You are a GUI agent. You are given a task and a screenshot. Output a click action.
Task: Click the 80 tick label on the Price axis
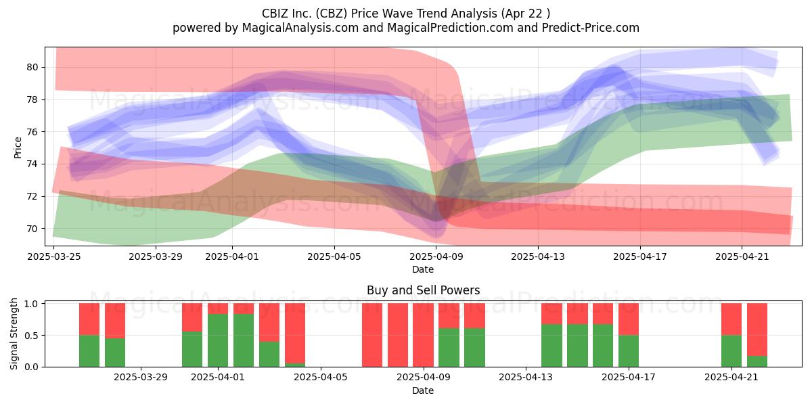[32, 67]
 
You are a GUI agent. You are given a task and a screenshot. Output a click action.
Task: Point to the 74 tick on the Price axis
[32, 164]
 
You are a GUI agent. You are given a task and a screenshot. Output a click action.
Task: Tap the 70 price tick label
[32, 229]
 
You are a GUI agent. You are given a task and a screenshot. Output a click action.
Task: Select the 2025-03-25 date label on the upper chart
[54, 256]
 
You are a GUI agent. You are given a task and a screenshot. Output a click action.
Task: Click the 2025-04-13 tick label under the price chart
[538, 256]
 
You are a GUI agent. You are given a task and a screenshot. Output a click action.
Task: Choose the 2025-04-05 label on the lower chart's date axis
[321, 377]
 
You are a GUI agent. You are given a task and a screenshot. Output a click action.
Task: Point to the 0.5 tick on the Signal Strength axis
[32, 336]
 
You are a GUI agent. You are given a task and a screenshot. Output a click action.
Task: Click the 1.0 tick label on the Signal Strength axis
[32, 304]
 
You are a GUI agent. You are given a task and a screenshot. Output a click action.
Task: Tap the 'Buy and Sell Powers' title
[423, 290]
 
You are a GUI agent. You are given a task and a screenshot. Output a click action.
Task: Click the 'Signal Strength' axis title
[14, 334]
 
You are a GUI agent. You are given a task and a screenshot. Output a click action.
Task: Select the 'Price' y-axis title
[18, 148]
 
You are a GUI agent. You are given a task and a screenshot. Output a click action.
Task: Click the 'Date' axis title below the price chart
[423, 269]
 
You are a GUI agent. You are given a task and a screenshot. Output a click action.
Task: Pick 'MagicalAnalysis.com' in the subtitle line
[300, 28]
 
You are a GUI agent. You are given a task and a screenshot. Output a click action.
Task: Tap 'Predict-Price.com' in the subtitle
[591, 28]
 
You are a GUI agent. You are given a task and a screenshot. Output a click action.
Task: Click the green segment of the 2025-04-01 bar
[218, 340]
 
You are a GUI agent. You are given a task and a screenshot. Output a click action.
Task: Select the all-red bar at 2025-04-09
[423, 335]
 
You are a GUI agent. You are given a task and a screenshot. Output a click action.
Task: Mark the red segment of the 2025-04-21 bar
[731, 319]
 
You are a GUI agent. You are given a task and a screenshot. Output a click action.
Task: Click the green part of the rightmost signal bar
[757, 361]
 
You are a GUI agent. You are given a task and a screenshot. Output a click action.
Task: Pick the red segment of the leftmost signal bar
[89, 319]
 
